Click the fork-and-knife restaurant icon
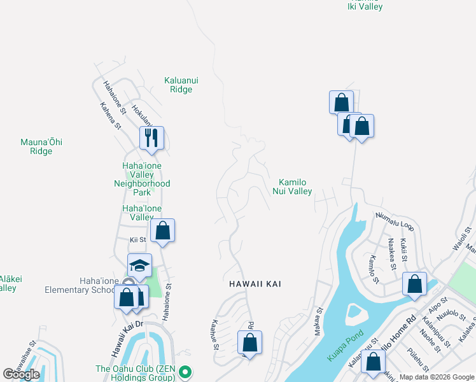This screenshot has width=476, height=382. click(x=151, y=138)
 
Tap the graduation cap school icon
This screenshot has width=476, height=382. click(x=140, y=265)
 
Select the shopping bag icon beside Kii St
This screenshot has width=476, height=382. click(x=162, y=230)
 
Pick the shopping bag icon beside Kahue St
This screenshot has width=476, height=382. click(x=250, y=343)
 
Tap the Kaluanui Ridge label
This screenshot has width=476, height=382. click(x=178, y=85)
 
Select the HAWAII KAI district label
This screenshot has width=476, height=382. click(x=256, y=284)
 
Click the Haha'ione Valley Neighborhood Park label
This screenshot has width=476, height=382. click(x=142, y=179)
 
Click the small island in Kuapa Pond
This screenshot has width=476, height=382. click(x=354, y=314)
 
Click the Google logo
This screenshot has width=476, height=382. click(x=22, y=374)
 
